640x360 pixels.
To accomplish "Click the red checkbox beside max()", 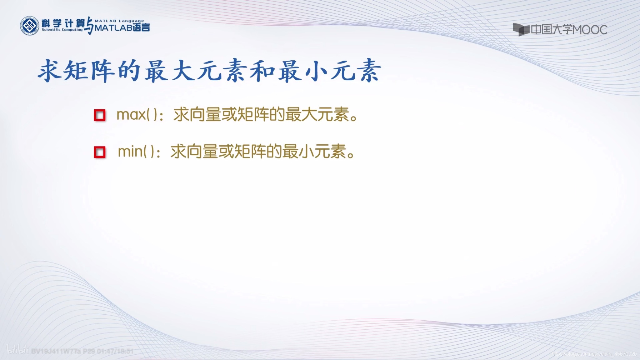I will click(100, 115).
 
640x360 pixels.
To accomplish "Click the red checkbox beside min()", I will click(100, 152).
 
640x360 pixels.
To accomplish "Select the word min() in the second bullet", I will click(136, 152).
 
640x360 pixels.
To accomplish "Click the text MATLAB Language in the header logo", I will click(119, 21).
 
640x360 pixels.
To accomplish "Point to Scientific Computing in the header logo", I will click(62, 30).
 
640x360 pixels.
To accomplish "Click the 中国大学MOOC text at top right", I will click(569, 30).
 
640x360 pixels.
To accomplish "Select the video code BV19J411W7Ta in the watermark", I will click(56, 351).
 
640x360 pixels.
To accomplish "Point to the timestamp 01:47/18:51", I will click(115, 351).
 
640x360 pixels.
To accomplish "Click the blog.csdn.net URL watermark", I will click(594, 354).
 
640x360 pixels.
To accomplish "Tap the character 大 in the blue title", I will click(182, 71).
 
